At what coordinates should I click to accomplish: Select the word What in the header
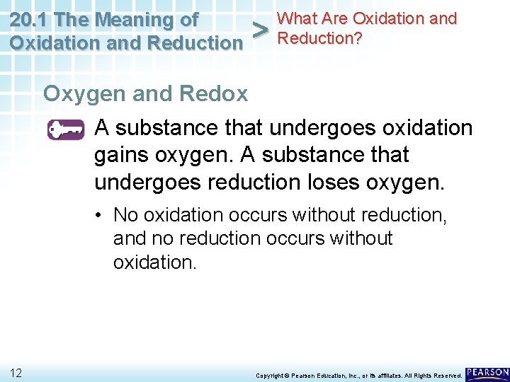pyautogui.click(x=298, y=18)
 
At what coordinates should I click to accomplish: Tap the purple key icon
pyautogui.click(x=66, y=130)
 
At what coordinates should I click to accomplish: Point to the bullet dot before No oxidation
pyautogui.click(x=103, y=214)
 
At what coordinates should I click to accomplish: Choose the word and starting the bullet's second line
pyautogui.click(x=129, y=238)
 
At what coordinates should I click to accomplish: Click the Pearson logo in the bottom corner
pyautogui.click(x=487, y=372)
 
